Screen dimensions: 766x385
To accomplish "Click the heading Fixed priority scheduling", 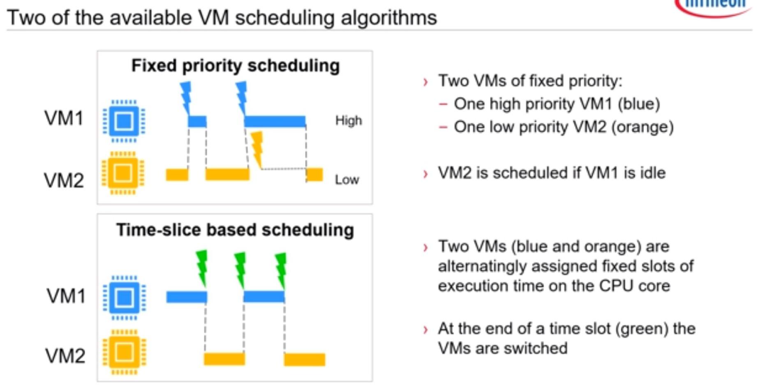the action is [235, 66].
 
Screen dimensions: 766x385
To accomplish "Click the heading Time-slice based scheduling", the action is [235, 230].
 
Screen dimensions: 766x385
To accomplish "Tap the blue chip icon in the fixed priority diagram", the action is [124, 121].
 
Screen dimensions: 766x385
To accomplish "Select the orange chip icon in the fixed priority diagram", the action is [123, 172].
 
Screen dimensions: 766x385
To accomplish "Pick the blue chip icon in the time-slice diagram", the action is [125, 297].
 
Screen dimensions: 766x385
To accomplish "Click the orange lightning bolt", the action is [257, 150].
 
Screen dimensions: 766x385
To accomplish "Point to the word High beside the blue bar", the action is [348, 121].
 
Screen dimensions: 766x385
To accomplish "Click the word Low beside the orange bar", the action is [347, 180].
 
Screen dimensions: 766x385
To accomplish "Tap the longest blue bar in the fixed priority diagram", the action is [275, 121].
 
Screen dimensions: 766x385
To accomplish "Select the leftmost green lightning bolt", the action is [201, 268].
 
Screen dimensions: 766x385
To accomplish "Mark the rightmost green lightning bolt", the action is [280, 271].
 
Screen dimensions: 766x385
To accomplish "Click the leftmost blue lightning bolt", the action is [186, 99].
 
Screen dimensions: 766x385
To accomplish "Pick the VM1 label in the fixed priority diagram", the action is [64, 118].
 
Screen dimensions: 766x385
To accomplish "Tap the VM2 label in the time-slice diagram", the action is [65, 356].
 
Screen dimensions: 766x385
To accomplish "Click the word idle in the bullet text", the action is [651, 172].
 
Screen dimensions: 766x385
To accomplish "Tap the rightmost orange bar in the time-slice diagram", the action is [304, 359].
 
